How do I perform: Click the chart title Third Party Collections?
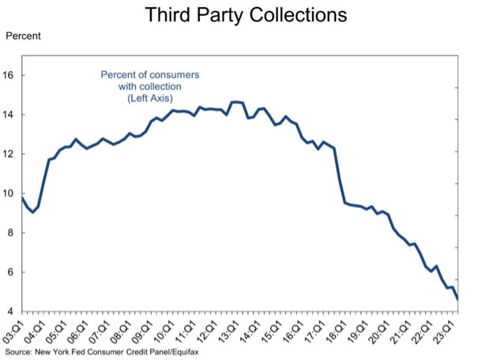(246, 16)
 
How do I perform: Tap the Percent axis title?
(23, 36)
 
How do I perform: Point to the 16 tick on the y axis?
(10, 76)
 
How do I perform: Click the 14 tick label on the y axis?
(10, 115)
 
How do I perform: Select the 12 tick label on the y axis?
(10, 154)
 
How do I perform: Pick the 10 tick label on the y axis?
(10, 193)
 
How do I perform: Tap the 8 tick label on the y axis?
(13, 233)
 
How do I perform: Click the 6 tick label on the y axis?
(13, 272)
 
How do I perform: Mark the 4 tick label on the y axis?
(13, 311)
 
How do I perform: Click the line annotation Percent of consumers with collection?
(149, 81)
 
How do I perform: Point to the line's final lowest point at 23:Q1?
(458, 298)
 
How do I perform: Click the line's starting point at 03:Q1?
(22, 199)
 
